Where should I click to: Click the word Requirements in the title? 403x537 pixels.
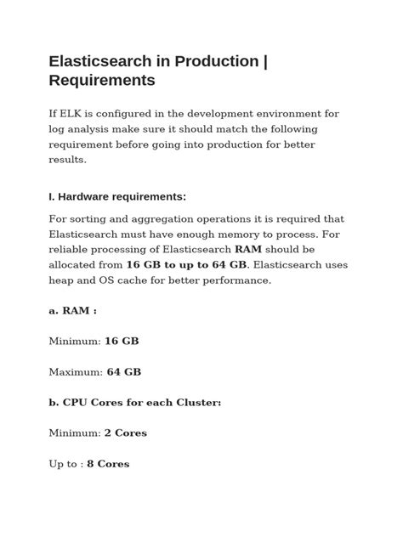pyautogui.click(x=102, y=81)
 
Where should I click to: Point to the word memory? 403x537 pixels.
pyautogui.click(x=252, y=235)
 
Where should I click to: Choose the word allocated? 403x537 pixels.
pyautogui.click(x=77, y=265)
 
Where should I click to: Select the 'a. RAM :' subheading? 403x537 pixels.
pyautogui.click(x=73, y=310)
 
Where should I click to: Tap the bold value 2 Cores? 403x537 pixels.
pyautogui.click(x=126, y=432)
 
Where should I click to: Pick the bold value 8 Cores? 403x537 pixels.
pyautogui.click(x=108, y=464)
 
